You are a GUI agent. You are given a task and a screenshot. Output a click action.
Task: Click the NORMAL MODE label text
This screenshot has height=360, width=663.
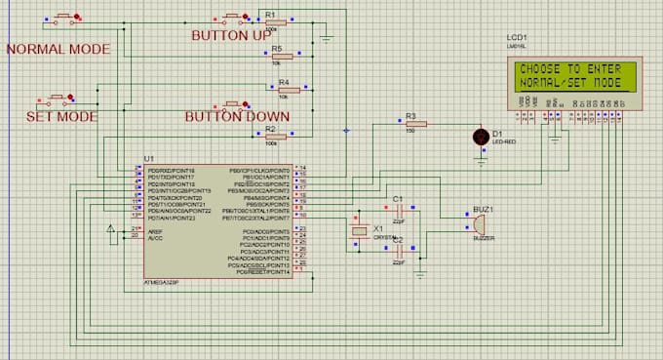pos(56,49)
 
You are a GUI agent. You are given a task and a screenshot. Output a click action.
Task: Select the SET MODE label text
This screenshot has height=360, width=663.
pos(61,116)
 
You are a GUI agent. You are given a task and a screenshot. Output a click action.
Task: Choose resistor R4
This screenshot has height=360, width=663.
pos(284,89)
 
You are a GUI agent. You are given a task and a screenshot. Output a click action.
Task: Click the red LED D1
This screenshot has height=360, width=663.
pos(479,136)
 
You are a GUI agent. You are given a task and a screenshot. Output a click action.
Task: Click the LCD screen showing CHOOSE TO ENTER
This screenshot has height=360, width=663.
pos(570,75)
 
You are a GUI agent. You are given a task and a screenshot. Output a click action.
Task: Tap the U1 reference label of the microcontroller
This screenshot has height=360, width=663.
pos(149,158)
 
